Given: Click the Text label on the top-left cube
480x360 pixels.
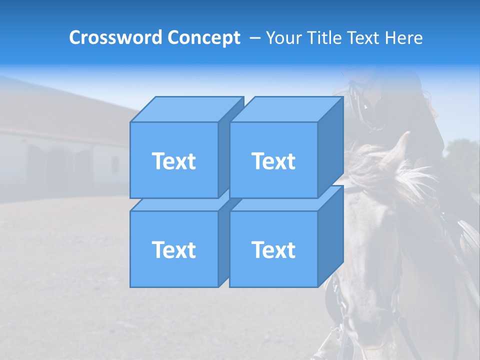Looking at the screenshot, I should click(174, 161).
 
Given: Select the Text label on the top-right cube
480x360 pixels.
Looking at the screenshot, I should click(273, 161).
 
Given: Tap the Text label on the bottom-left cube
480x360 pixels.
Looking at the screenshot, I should click(174, 249).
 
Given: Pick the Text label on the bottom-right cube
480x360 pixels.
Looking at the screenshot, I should click(273, 249).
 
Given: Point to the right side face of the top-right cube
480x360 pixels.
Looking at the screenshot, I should click(330, 147).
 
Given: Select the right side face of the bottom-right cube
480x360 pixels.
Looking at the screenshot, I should click(330, 236).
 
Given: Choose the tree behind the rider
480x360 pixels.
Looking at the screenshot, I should click(462, 155).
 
